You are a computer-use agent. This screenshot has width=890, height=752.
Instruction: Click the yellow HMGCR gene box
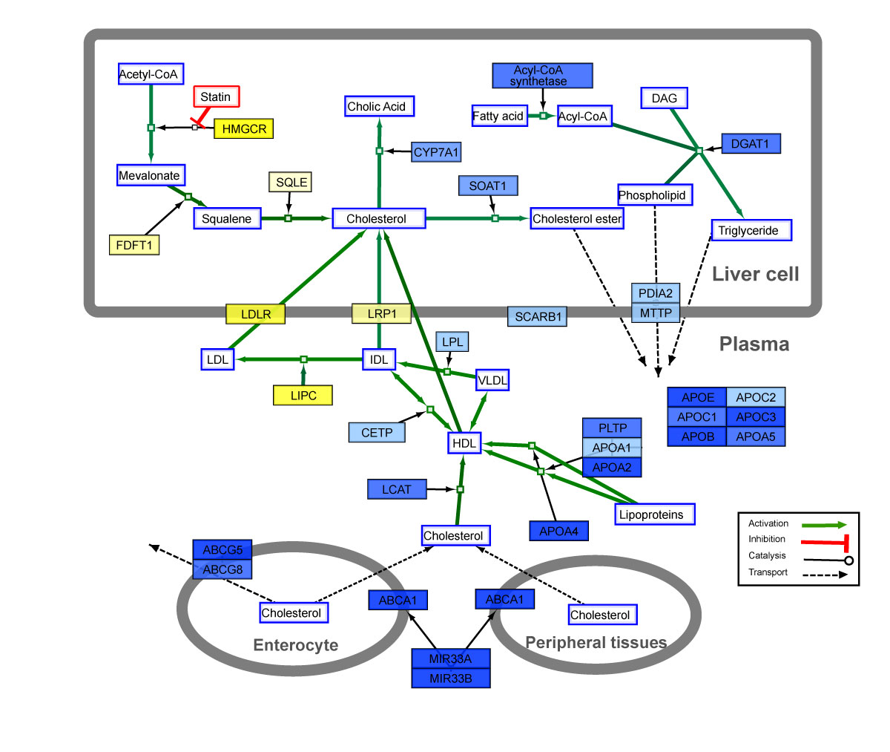[x=244, y=128]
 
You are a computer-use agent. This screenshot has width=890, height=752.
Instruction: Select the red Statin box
[x=217, y=97]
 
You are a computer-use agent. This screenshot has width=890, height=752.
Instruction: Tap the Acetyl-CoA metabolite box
[x=150, y=74]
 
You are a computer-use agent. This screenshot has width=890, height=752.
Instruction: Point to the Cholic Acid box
[x=378, y=106]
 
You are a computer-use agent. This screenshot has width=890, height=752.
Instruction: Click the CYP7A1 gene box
[x=436, y=152]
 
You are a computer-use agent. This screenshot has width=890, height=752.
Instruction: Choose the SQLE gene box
[x=291, y=183]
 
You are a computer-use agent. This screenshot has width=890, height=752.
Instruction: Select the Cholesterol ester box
[x=577, y=218]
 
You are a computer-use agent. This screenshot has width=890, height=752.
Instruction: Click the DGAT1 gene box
[x=751, y=143]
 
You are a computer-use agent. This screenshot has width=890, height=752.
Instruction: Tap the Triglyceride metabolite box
[x=751, y=230]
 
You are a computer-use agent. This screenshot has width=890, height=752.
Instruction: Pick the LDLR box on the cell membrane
[x=256, y=314]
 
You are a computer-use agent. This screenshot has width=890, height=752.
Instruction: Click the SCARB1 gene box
[x=538, y=317]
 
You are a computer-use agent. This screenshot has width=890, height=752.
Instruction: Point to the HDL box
[x=464, y=443]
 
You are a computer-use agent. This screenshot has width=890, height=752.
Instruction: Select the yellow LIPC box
[x=303, y=396]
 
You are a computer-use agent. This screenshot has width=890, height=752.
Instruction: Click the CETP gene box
[x=377, y=432]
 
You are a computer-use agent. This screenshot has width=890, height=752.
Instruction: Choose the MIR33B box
[x=451, y=678]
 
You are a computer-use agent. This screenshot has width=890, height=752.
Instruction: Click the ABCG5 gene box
[x=222, y=550]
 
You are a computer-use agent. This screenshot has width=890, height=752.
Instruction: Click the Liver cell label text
[x=755, y=274]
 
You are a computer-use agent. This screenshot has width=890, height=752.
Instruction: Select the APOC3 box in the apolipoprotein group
[x=756, y=416]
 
